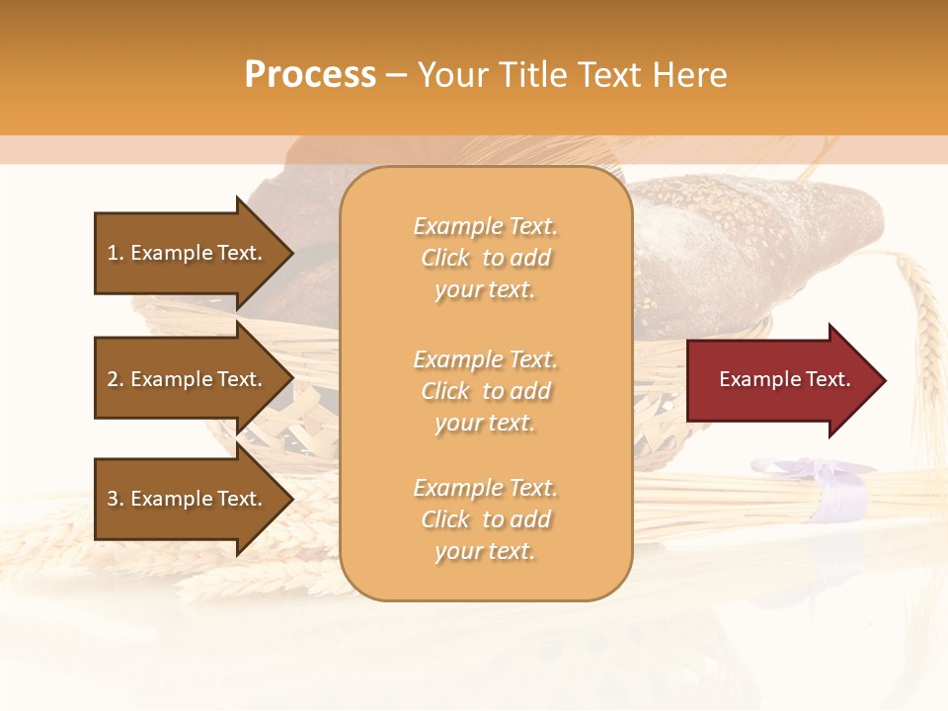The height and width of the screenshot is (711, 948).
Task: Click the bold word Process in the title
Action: [310, 75]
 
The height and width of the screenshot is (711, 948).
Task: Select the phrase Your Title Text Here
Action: [572, 75]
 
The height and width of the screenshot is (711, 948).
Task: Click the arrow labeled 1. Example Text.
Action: [188, 253]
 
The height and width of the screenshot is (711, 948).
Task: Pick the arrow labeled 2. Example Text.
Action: [188, 379]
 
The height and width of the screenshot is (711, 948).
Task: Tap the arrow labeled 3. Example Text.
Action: [188, 499]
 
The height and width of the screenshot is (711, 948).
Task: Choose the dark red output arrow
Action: [780, 380]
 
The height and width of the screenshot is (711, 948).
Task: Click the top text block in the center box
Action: [485, 258]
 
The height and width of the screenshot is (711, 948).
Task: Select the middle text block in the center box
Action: [485, 391]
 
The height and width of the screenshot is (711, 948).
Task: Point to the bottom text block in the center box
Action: [485, 519]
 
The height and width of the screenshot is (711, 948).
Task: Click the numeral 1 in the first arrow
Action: [112, 253]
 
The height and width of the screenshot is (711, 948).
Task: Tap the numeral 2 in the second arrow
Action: [113, 379]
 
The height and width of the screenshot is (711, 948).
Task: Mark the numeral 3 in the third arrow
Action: [113, 499]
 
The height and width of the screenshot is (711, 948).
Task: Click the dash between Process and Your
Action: [396, 76]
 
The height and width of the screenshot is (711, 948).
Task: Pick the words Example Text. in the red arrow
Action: [784, 379]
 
